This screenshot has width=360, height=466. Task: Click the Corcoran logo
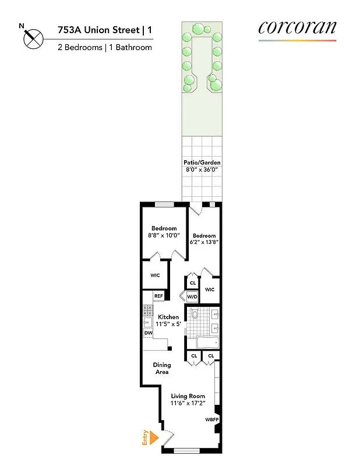tap(297, 29)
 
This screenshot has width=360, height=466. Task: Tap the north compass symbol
tap(33, 38)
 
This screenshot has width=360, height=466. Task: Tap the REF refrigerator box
tap(158, 296)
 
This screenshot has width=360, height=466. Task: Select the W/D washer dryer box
tap(192, 297)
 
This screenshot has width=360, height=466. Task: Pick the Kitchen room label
tap(168, 317)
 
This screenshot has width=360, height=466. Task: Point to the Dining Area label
tap(162, 368)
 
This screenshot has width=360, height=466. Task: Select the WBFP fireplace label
tap(210, 419)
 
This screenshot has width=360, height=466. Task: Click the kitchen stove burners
tap(147, 315)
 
